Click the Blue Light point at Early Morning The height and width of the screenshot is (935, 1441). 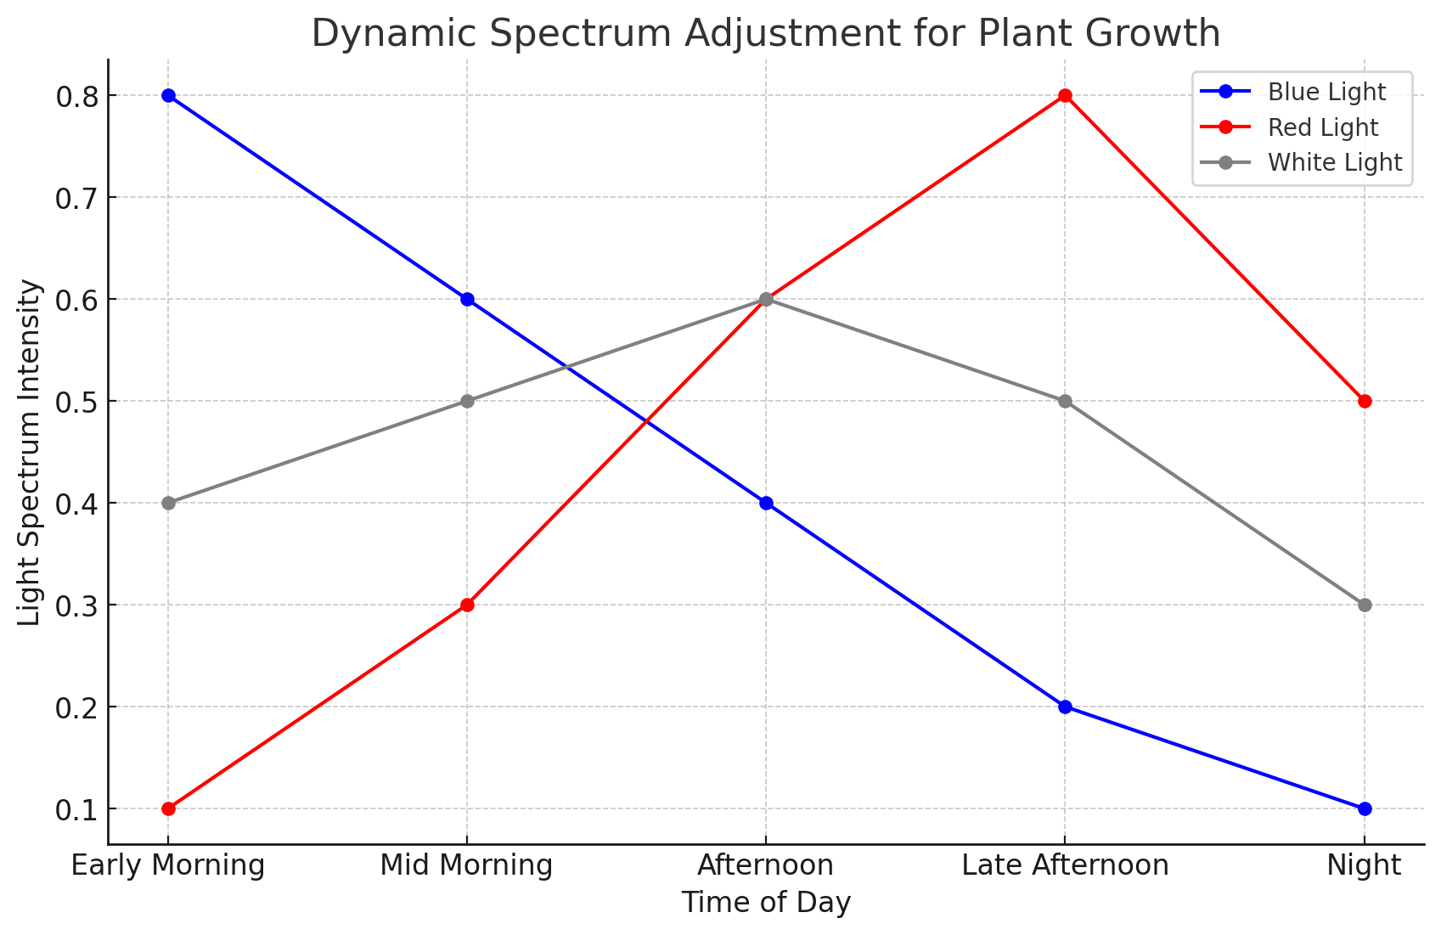click(x=168, y=95)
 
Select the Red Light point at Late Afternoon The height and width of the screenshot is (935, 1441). click(x=1065, y=95)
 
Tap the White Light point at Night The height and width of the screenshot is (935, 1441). click(x=1365, y=605)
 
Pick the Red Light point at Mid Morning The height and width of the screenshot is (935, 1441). click(x=467, y=605)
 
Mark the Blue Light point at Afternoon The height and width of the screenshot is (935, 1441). click(x=766, y=503)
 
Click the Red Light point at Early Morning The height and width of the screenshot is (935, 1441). click(x=168, y=808)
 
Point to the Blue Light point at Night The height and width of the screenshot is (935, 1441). click(x=1365, y=808)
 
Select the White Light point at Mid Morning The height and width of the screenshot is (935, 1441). click(x=467, y=401)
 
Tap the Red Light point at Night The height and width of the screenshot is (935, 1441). click(x=1365, y=401)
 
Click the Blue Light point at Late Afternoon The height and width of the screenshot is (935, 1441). click(x=1065, y=707)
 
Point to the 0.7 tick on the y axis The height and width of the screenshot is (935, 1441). click(x=77, y=198)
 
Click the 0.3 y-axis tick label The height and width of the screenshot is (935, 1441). click(x=77, y=605)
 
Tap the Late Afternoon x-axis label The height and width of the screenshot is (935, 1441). click(x=1065, y=865)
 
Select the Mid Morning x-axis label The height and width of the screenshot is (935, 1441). click(x=466, y=865)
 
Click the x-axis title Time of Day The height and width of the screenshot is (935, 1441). click(x=766, y=903)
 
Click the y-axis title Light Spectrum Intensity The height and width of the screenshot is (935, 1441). click(x=30, y=452)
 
